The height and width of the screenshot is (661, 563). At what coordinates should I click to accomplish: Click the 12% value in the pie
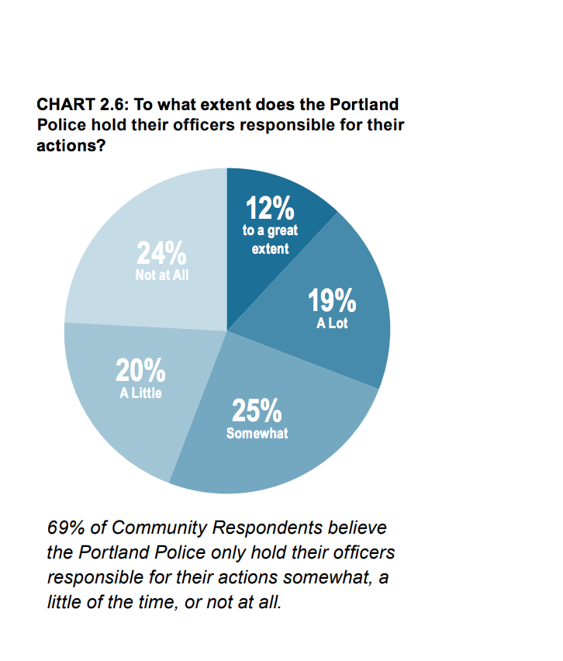270,209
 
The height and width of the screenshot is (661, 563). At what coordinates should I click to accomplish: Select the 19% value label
332,301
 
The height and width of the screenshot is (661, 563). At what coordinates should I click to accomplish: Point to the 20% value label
140,371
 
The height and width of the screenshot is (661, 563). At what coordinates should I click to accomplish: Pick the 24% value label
161,254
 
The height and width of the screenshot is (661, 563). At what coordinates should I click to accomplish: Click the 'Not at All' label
162,275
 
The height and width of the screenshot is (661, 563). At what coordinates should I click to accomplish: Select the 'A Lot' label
332,323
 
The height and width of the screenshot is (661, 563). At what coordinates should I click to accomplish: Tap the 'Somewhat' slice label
257,433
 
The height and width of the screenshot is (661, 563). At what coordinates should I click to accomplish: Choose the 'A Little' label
140,393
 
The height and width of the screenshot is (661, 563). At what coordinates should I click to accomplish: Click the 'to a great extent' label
270,240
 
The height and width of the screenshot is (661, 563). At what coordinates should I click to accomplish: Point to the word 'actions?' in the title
71,145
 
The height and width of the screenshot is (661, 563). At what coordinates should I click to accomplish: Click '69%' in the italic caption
65,528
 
